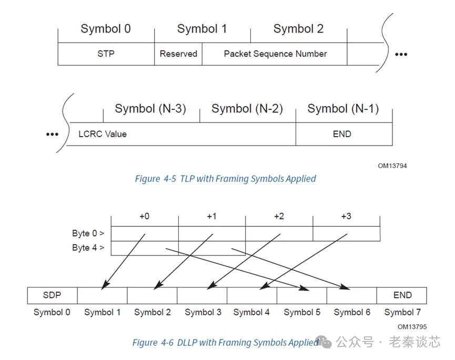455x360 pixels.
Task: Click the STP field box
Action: [106, 54]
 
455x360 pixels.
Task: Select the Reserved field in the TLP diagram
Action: [178, 54]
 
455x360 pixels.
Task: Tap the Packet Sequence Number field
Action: [275, 54]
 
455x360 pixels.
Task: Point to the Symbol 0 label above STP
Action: [106, 29]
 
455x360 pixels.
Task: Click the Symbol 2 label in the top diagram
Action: [298, 29]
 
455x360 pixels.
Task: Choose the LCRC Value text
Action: [103, 134]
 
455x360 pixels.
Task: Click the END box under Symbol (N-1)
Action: [342, 134]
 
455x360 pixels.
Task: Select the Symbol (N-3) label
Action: [150, 109]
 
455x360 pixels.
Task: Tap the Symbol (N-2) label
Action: [247, 109]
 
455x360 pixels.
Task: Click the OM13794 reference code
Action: [392, 166]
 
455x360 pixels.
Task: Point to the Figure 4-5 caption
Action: [225, 179]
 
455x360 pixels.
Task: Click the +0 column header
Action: [144, 217]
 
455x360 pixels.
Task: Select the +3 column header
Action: [346, 217]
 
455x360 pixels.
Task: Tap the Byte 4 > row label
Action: [88, 248]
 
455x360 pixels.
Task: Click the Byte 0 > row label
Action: [88, 233]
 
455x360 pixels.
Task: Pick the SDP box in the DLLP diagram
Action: [52, 295]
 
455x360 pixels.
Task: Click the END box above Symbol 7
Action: [402, 295]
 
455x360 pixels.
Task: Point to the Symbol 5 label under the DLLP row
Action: [302, 312]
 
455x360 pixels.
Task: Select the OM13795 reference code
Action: [412, 327]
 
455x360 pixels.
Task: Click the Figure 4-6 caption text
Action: [225, 343]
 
